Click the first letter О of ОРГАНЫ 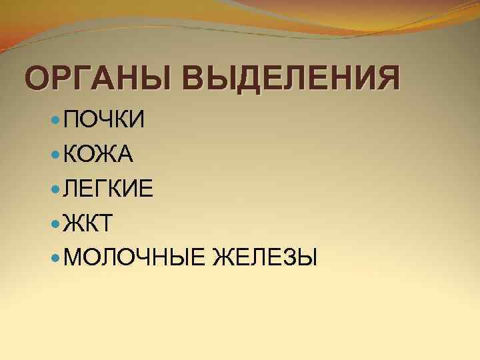coord(37,79)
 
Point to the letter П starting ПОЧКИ coord(71,121)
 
